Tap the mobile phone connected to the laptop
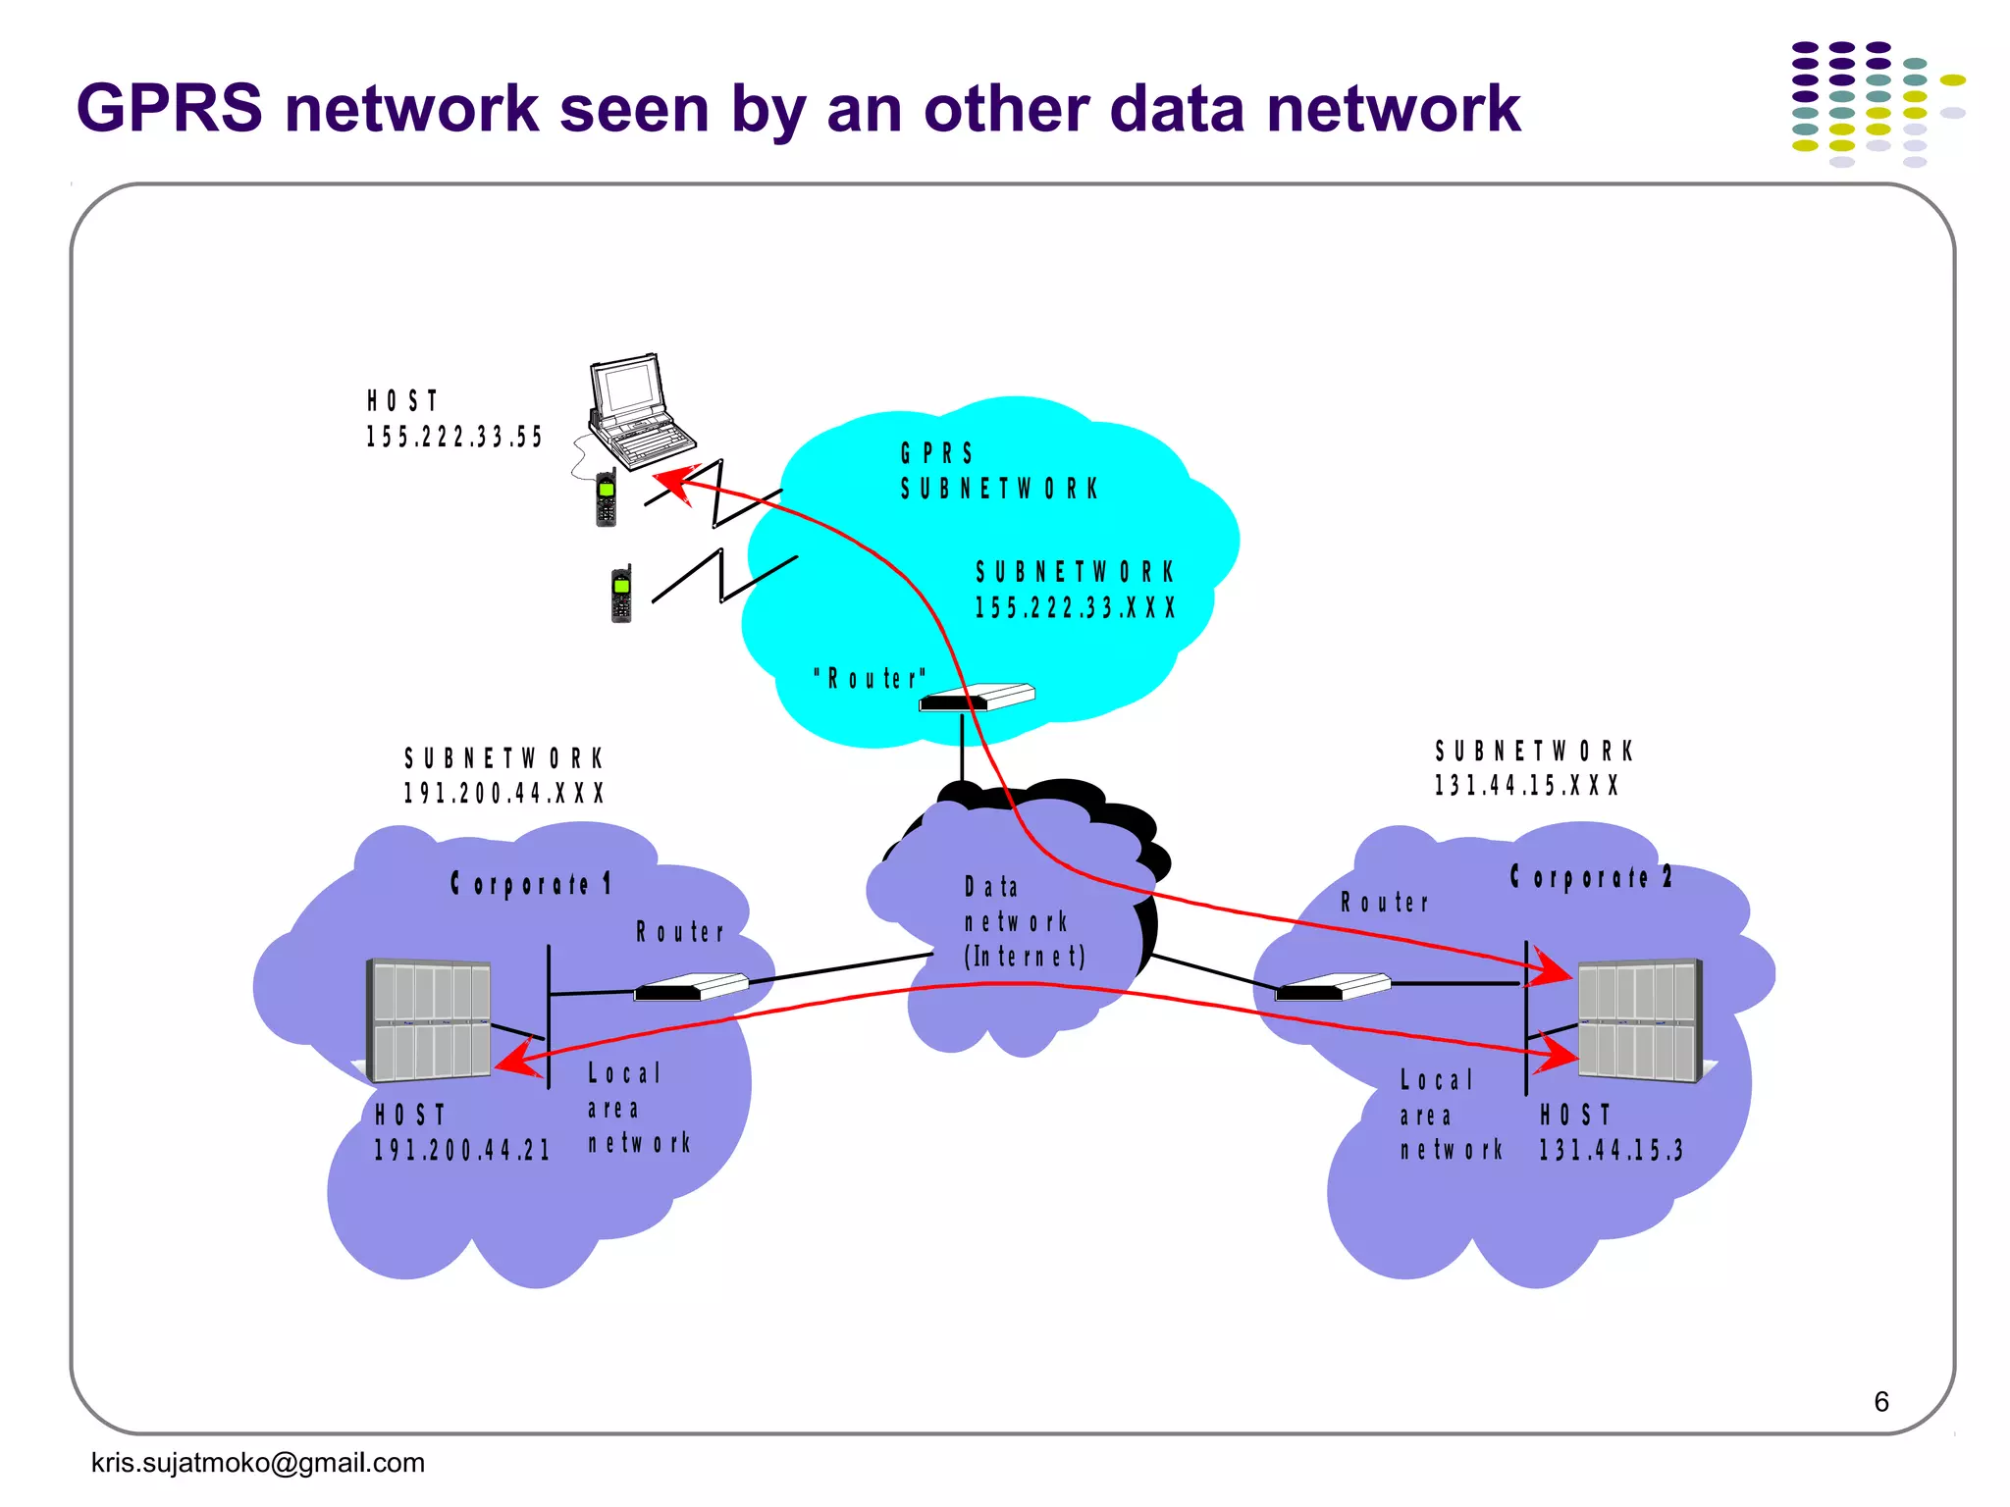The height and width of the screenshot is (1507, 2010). coord(607,498)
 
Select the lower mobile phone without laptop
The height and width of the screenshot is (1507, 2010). coord(621,595)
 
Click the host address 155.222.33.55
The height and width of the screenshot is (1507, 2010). coord(453,437)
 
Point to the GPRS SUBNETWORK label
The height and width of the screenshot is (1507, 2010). coord(998,471)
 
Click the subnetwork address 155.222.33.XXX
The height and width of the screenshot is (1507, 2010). coord(1074,607)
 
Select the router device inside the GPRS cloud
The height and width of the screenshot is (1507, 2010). coord(978,698)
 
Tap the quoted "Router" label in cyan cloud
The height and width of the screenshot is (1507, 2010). coord(870,678)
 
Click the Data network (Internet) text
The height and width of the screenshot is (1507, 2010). coord(1023,922)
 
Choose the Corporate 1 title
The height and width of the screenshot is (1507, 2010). coord(531,884)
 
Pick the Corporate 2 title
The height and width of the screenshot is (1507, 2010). coord(1590,877)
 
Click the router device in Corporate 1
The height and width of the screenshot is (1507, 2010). coord(691,987)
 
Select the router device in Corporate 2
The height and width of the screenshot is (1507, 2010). coord(1332,987)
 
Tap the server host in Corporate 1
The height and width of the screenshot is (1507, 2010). coord(429,1020)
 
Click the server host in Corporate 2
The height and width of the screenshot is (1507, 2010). coord(1639,1020)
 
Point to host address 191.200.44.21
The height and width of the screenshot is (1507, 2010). coord(461,1150)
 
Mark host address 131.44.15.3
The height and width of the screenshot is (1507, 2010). coord(1611,1150)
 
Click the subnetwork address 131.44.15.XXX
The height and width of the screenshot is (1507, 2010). coord(1526,786)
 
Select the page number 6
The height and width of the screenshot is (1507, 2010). coord(1880,1401)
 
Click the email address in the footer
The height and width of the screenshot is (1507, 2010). coord(258,1463)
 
